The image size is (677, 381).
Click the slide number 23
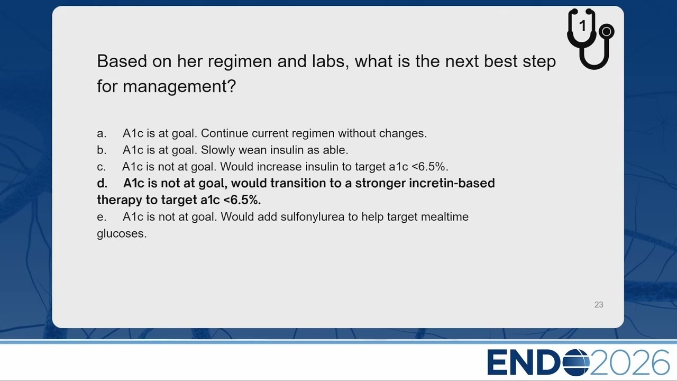tap(599, 304)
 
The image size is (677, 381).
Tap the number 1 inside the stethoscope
tap(583, 26)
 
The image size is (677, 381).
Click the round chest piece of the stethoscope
tap(606, 31)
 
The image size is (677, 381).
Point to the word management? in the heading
tap(179, 86)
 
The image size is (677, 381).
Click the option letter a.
tap(101, 133)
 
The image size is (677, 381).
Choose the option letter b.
tap(101, 150)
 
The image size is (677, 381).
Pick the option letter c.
tap(101, 167)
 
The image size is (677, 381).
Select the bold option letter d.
tap(102, 183)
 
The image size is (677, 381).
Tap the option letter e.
tap(101, 217)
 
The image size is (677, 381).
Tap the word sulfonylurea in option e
tap(313, 217)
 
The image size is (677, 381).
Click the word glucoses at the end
tap(122, 234)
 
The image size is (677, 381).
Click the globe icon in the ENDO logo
tap(576, 362)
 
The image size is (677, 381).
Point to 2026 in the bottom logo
tap(629, 362)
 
